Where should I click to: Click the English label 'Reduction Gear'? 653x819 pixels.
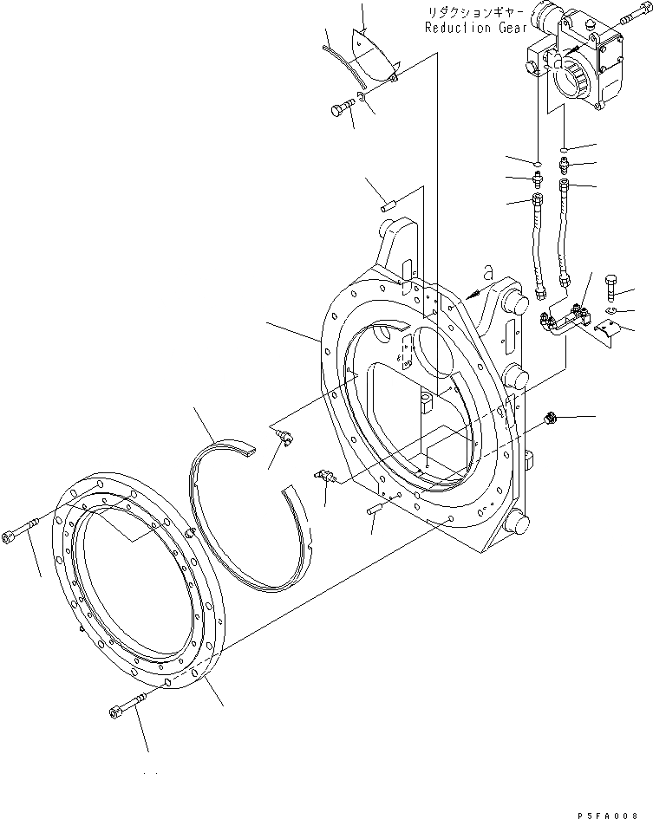click(x=474, y=28)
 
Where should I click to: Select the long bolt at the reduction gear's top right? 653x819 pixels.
click(x=630, y=19)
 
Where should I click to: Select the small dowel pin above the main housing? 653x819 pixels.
click(x=389, y=206)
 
